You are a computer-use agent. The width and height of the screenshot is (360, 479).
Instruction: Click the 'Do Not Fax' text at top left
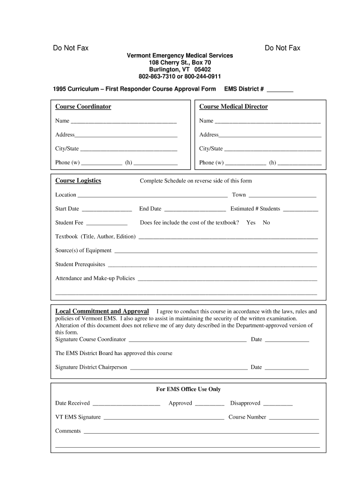pyautogui.click(x=71, y=48)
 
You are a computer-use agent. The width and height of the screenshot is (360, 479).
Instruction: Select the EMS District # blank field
pyautogui.click(x=280, y=89)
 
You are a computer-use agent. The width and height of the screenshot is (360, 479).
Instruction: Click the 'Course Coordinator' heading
pyautogui.click(x=83, y=107)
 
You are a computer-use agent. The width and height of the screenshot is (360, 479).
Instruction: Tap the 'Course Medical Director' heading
pyautogui.click(x=233, y=107)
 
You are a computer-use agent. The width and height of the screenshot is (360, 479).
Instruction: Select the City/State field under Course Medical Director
pyautogui.click(x=273, y=149)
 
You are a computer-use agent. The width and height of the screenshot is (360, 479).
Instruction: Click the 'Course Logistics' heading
pyautogui.click(x=78, y=181)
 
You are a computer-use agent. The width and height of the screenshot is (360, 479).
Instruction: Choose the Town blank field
pyautogui.click(x=282, y=195)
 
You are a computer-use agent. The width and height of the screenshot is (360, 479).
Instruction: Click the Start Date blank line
pyautogui.click(x=107, y=209)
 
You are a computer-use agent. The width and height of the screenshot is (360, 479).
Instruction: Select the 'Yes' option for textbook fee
pyautogui.click(x=251, y=223)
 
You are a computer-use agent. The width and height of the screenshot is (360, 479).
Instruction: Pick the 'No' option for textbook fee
pyautogui.click(x=266, y=223)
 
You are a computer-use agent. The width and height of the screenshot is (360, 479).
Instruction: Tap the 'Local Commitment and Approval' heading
pyautogui.click(x=102, y=312)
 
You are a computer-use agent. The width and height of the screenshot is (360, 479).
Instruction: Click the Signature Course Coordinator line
pyautogui.click(x=187, y=340)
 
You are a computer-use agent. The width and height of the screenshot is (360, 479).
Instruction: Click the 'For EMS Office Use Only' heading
pyautogui.click(x=188, y=389)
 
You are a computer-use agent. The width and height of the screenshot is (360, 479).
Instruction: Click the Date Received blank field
pyautogui.click(x=126, y=403)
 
